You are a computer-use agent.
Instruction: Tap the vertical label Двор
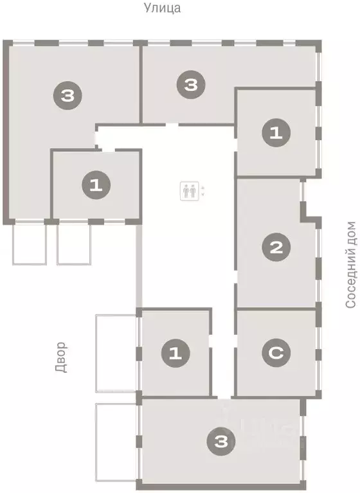[x=61, y=357]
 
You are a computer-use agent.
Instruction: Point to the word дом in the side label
[x=350, y=235]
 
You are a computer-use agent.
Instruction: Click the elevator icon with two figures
[x=189, y=190]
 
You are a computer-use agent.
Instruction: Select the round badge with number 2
[x=276, y=247]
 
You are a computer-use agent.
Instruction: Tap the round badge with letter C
[x=276, y=352]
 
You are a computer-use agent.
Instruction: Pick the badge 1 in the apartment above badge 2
[x=276, y=133]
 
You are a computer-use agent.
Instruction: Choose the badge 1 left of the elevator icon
[x=96, y=186]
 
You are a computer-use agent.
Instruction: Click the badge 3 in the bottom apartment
[x=221, y=441]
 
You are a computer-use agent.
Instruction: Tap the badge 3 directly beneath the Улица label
[x=190, y=85]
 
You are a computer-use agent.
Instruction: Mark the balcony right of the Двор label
[x=115, y=353]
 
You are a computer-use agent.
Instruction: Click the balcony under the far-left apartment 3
[x=29, y=243]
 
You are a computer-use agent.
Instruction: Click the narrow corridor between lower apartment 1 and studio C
[x=222, y=360]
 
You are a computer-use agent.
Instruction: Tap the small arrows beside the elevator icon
[x=204, y=190]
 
